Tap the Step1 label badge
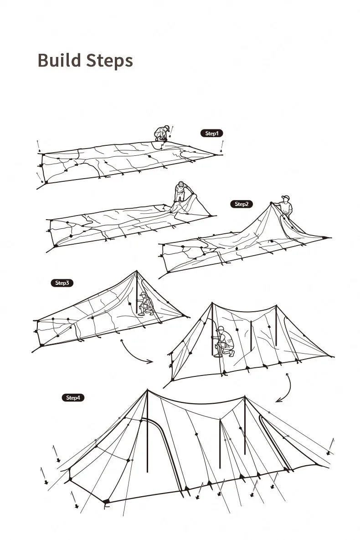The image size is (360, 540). pos(212,133)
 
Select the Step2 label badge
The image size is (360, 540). pos(241,204)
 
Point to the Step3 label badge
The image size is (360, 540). pos(62,283)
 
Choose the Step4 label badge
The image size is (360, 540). pos(73,397)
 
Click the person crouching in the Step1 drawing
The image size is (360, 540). pos(162,134)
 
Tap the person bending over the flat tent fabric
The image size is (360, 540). pos(180,193)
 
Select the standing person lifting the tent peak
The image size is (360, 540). pos(285,207)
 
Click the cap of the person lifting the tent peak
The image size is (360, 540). pos(286,197)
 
